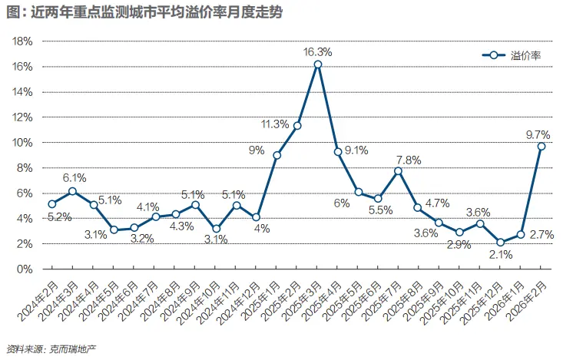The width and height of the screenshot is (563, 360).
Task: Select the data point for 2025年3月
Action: pos(317,64)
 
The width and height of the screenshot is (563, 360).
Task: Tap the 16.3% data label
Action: pos(318,51)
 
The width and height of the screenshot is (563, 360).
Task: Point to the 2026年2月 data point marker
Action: pos(541,146)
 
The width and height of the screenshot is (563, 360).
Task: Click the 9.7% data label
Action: pos(537,134)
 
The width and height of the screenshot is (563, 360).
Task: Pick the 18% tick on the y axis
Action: pos(22,41)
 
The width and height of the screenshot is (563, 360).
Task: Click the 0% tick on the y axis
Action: pos(25,269)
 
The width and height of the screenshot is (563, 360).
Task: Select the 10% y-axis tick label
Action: pos(22,143)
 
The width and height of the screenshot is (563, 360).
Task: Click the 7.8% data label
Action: pos(409,160)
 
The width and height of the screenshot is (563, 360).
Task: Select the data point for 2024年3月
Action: pos(72,191)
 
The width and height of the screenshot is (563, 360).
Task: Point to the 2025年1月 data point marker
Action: pos(277,155)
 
